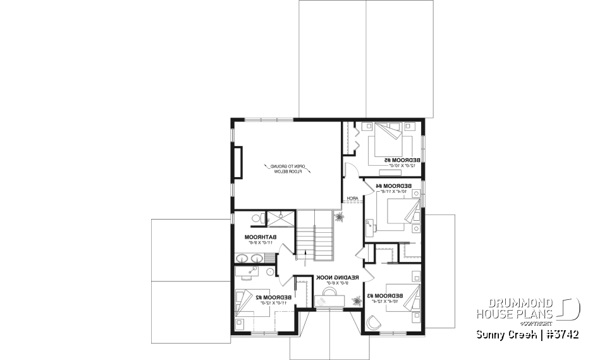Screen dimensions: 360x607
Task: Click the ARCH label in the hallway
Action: coord(352,199)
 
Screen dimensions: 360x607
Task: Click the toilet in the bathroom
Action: coord(256,218)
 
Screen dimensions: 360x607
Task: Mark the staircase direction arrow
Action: coord(308,256)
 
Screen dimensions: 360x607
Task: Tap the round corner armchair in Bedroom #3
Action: coord(373,323)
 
